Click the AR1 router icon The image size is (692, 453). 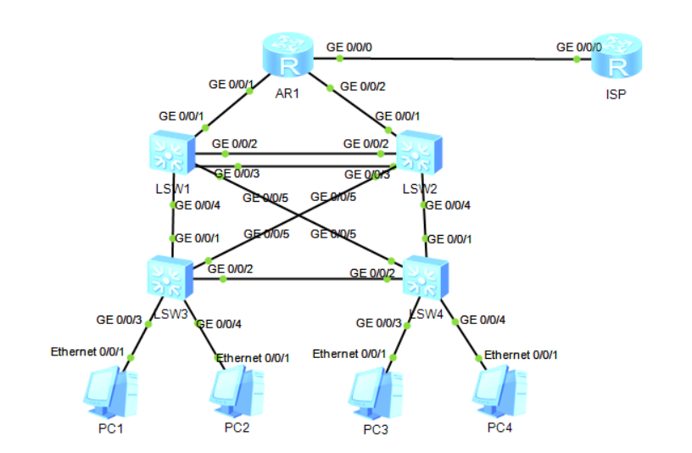coord(287,58)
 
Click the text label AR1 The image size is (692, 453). coord(287,93)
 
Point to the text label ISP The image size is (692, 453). coord(616,94)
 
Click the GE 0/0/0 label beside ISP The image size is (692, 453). coord(578,48)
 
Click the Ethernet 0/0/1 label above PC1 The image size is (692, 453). coord(87,350)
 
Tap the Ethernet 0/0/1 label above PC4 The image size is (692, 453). coord(521,354)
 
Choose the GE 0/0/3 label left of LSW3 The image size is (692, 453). coord(119,320)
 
